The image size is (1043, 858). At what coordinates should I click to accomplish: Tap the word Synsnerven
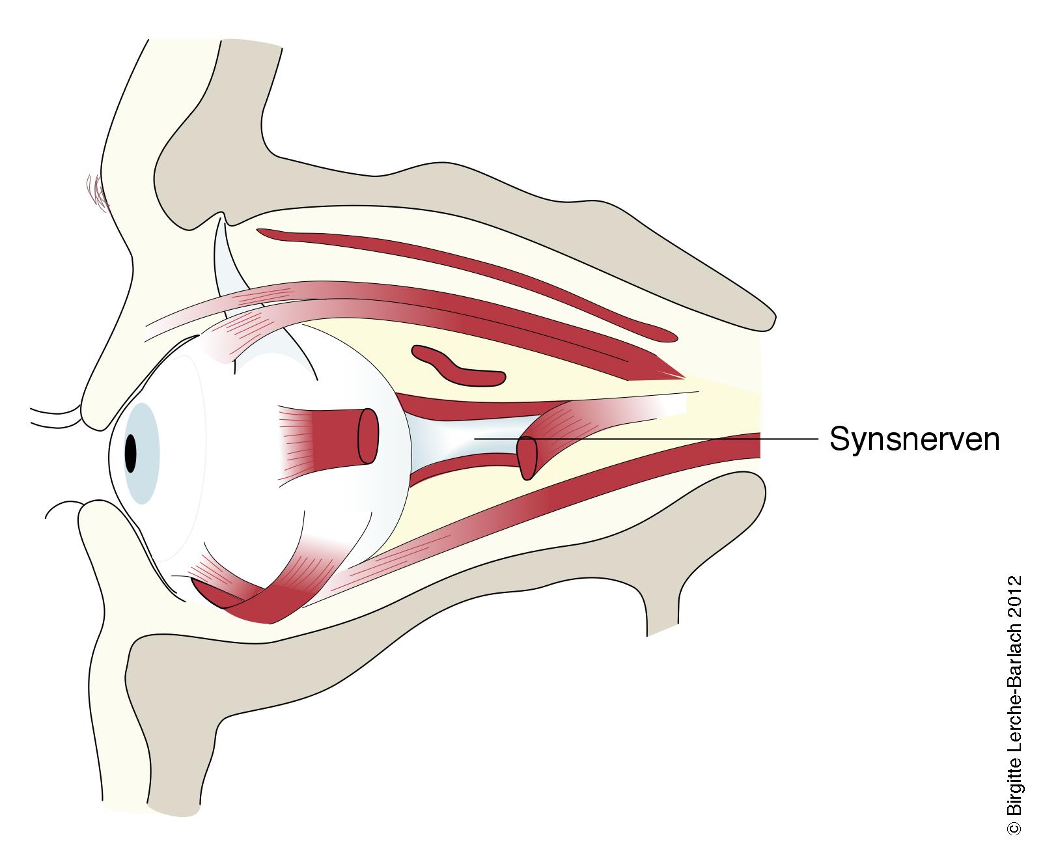click(x=914, y=439)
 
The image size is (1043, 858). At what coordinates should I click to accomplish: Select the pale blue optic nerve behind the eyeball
click(x=456, y=443)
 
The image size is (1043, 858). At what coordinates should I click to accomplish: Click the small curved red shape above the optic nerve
click(x=459, y=367)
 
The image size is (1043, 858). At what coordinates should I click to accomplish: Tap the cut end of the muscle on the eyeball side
click(x=369, y=436)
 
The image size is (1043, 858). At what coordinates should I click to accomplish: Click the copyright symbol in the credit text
click(x=1013, y=827)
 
